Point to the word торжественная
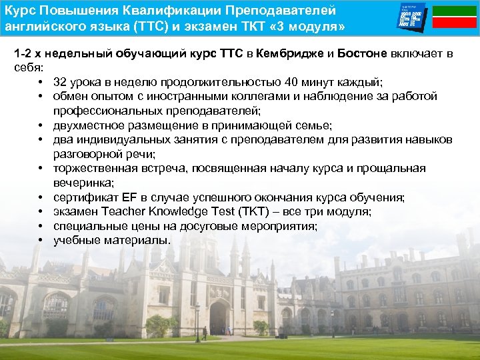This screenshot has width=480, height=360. [92, 169]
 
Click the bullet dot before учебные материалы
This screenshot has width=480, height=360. [41, 241]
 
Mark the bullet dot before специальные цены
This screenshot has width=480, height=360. [41, 226]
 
